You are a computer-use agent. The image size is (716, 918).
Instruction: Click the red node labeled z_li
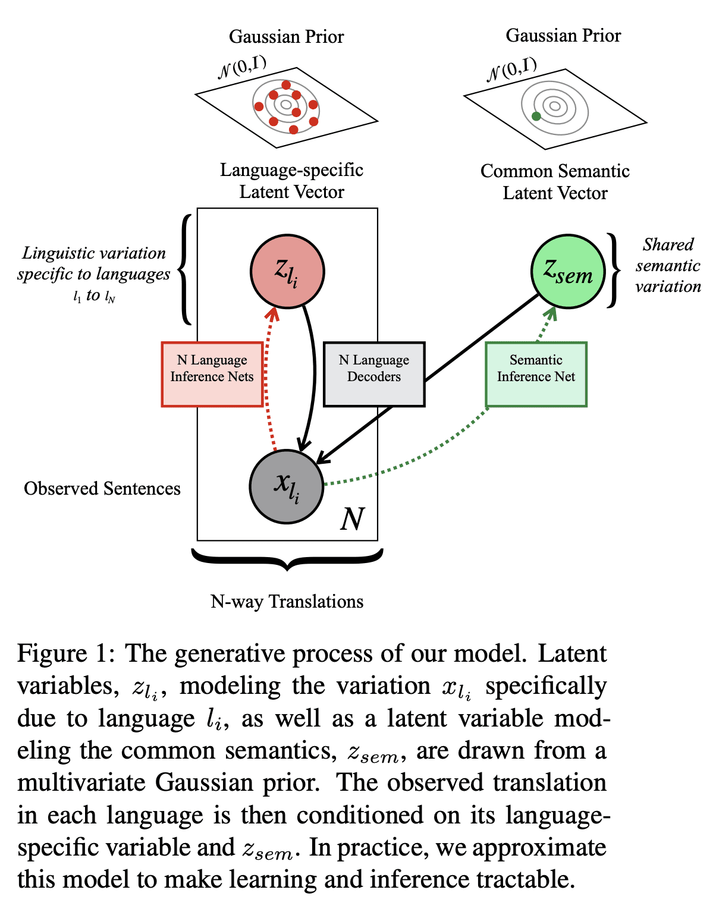coord(287,271)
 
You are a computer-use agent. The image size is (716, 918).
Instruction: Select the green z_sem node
coord(568,271)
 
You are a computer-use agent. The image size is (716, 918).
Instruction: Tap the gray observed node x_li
coord(286,486)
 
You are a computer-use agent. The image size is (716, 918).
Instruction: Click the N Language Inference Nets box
coord(212,374)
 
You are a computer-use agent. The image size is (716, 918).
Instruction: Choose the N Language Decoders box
coord(374,374)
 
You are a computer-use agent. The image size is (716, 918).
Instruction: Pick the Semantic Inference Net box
coord(536,374)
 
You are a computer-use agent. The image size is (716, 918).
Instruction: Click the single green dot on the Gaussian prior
coord(536,117)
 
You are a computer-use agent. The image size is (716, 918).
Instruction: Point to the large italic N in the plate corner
coord(352,520)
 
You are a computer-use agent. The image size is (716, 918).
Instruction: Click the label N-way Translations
coord(287,602)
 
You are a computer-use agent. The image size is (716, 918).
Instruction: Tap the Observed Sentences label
coord(102,489)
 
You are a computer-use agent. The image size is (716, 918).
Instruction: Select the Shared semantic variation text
coord(668,266)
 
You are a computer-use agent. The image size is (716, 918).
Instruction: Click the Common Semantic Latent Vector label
coord(555,182)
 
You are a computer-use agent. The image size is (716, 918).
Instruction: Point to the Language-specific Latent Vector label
coord(291,181)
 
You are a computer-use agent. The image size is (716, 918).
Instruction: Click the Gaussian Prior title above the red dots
coord(286,37)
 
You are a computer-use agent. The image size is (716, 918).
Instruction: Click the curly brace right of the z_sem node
coord(613,271)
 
